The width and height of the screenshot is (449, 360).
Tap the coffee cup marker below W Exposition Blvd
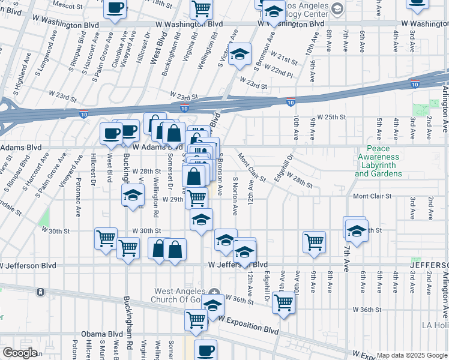205,349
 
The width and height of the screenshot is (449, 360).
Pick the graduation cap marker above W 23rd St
239,54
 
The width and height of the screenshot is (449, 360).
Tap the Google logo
20,353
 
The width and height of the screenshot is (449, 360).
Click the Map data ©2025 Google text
411,355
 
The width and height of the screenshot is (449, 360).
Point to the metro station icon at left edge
40,292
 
